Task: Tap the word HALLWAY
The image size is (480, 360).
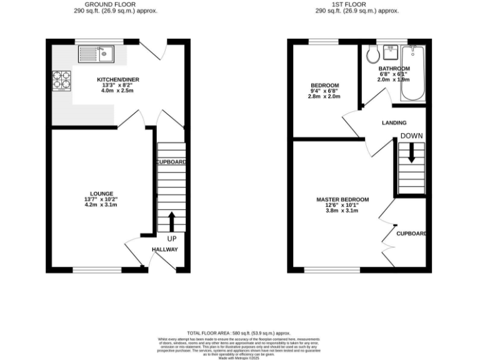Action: pos(165,249)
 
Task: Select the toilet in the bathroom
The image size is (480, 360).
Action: pos(373,55)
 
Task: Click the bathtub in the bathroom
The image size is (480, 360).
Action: pos(412,73)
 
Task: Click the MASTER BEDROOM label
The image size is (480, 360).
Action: pos(342,199)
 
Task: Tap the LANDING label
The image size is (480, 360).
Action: pos(394,122)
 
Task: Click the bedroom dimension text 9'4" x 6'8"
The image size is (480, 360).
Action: pos(325,91)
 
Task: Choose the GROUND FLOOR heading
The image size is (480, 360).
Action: pos(115,4)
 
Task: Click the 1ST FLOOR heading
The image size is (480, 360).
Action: pos(357,4)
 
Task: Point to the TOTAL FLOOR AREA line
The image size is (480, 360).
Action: pos(239,333)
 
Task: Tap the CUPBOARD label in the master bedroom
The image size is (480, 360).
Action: pos(411,234)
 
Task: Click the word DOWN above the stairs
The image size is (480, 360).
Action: pos(411,136)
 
